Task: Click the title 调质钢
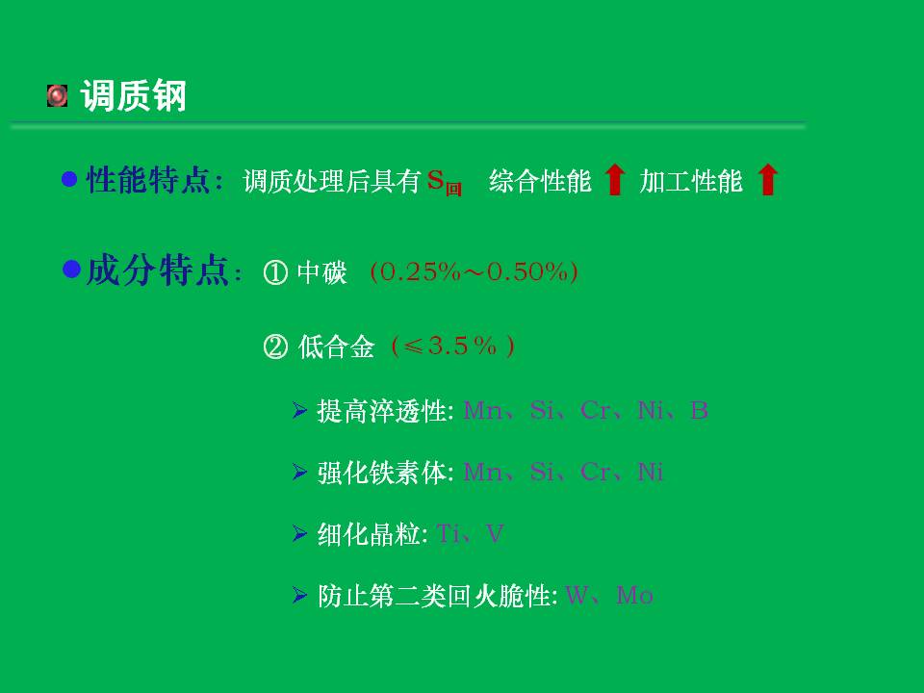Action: (133, 95)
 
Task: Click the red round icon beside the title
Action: (57, 95)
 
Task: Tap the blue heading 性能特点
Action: (148, 180)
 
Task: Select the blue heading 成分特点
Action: (157, 270)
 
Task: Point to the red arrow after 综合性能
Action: (615, 179)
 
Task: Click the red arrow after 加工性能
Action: (767, 179)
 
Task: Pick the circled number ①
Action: (275, 272)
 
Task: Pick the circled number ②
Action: (275, 346)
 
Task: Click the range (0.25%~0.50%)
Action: (474, 271)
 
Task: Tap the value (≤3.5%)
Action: (452, 346)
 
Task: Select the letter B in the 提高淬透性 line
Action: (699, 410)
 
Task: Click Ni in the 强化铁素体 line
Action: (651, 472)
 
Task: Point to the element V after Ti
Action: (495, 534)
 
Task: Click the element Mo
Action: (634, 595)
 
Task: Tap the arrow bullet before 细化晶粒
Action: (300, 533)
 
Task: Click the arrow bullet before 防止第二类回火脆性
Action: (300, 595)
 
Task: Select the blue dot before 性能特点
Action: (69, 179)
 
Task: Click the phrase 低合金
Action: (336, 346)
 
